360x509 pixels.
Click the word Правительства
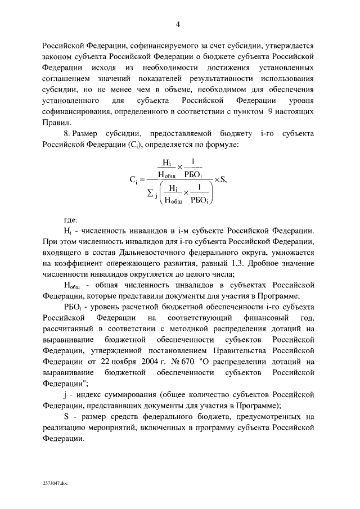click(x=242, y=350)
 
